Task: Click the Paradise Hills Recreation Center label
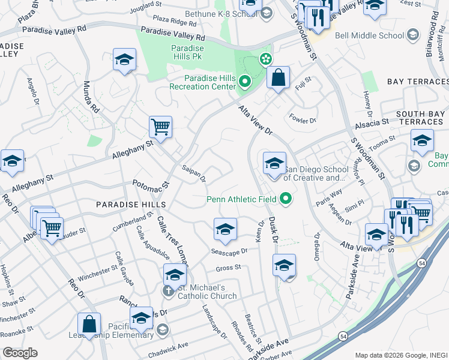(210, 82)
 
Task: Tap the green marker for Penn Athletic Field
(286, 199)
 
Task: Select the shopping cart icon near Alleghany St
(160, 127)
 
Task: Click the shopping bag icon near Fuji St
(279, 77)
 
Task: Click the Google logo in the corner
(20, 353)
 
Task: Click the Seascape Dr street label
(229, 251)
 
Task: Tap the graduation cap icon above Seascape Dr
(225, 230)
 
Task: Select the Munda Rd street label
(91, 98)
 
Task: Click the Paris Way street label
(329, 197)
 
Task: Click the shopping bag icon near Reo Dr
(89, 324)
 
